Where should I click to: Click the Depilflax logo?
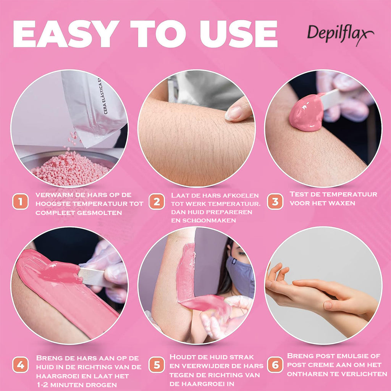[x=340, y=34]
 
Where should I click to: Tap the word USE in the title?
[x=239, y=34]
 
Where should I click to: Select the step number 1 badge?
[x=21, y=202]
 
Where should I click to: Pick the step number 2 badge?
[x=157, y=202]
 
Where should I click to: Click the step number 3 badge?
[x=275, y=202]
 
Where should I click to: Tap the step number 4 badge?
[x=21, y=365]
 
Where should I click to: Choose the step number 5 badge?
[x=157, y=365]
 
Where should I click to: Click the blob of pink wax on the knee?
[x=307, y=113]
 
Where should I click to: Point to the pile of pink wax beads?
[x=70, y=168]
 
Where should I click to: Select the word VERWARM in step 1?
[x=52, y=195]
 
